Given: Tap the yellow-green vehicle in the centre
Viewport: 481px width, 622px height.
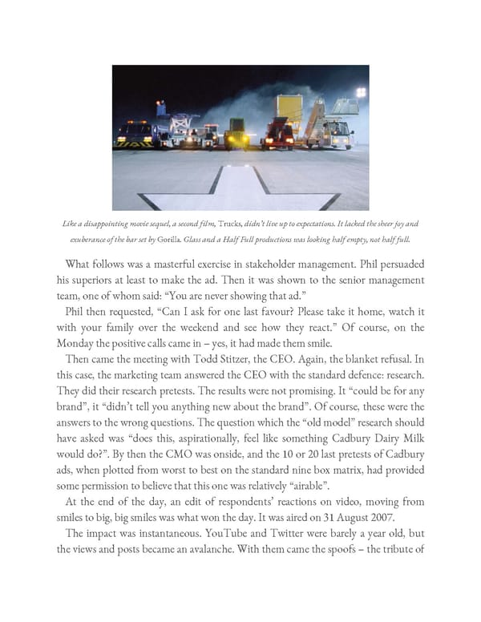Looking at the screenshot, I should [236, 132].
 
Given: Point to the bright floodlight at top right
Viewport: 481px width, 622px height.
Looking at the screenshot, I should [360, 93].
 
